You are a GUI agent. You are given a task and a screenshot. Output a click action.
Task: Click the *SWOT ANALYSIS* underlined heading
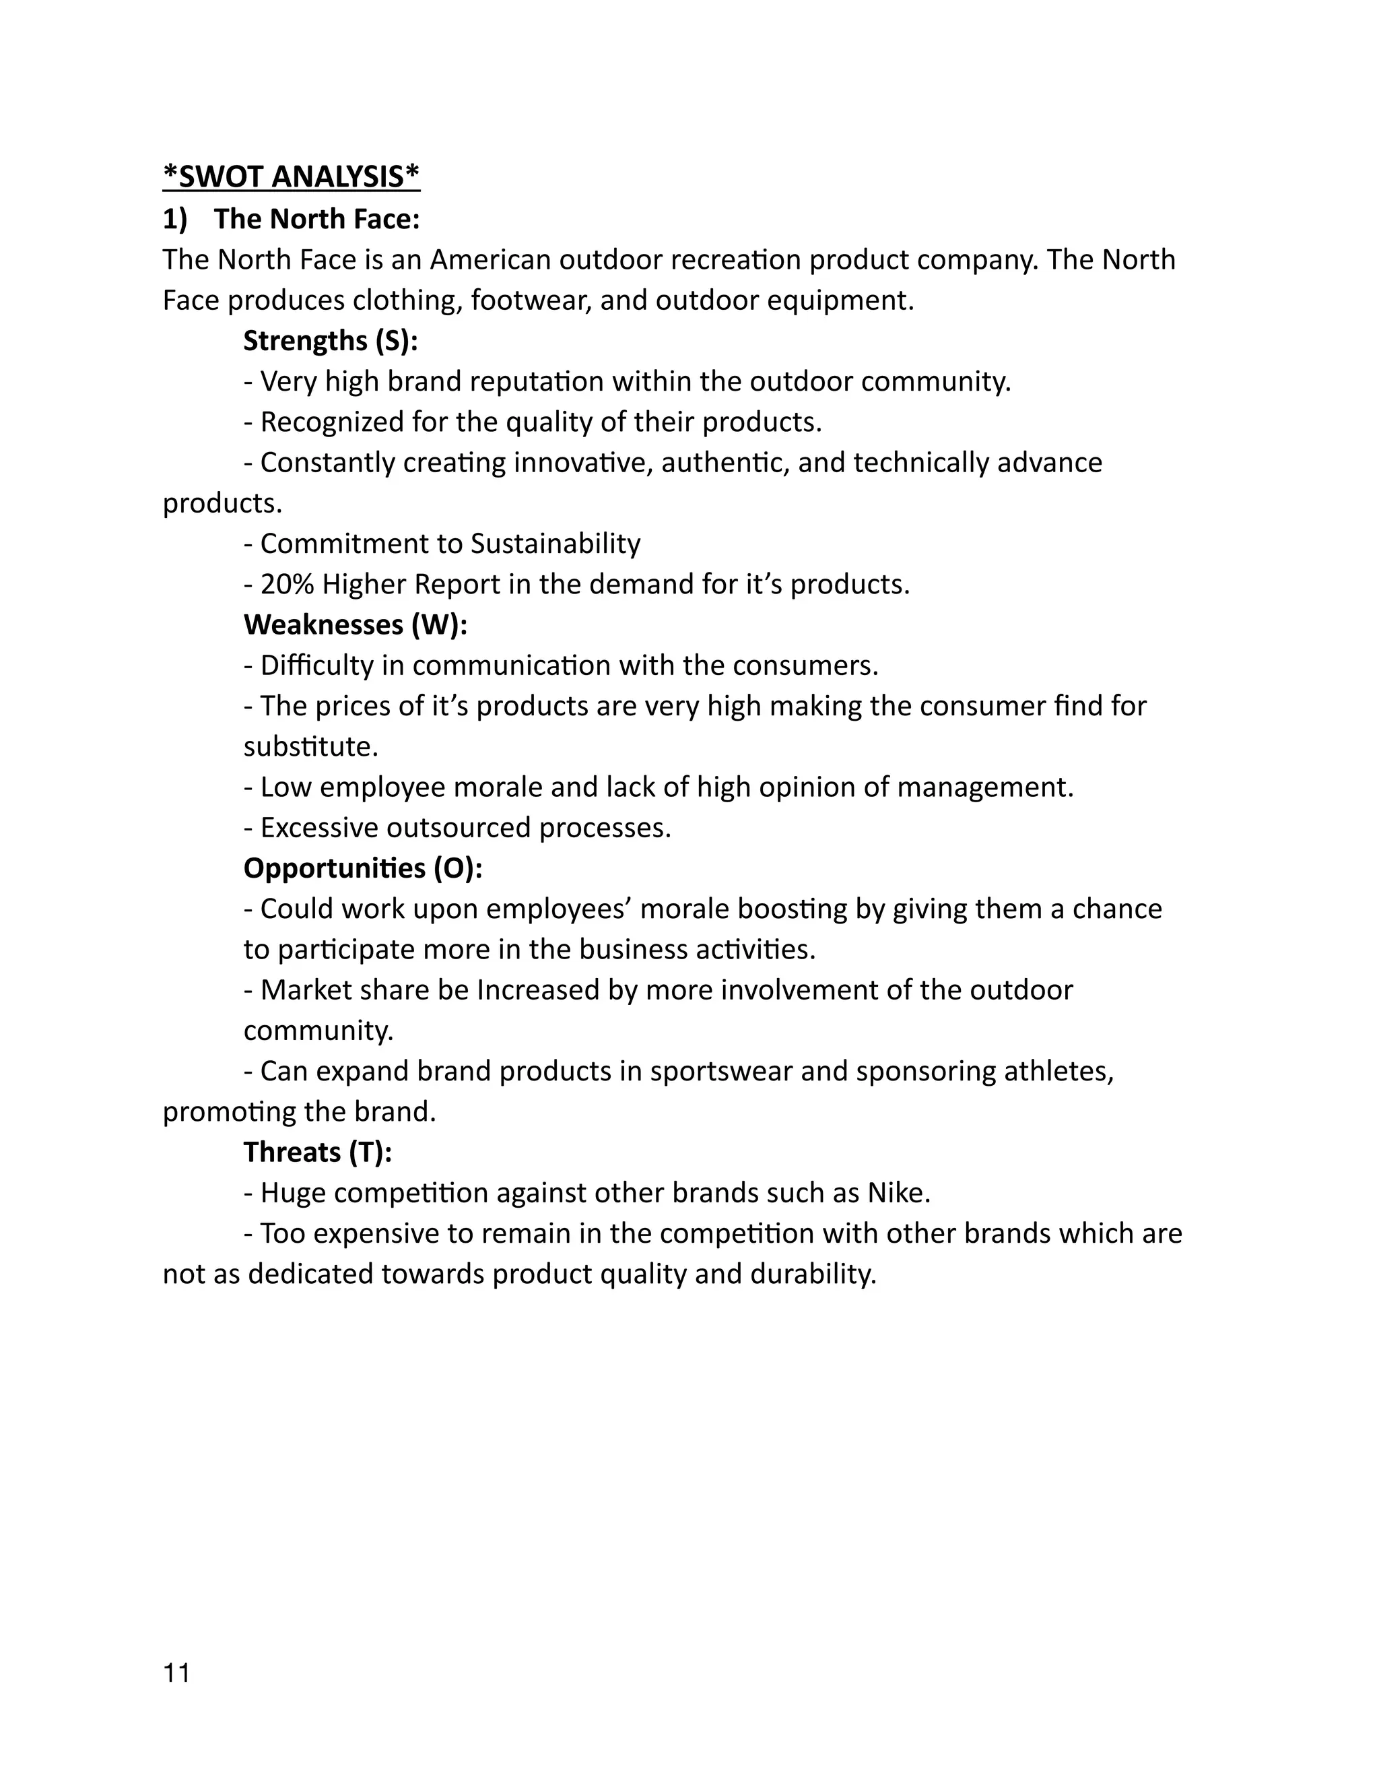(291, 176)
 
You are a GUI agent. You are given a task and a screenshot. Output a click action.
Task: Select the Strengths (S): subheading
(330, 341)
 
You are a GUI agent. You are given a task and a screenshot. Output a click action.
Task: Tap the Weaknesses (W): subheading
(356, 624)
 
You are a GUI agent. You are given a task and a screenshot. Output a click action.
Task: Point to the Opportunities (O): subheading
(363, 868)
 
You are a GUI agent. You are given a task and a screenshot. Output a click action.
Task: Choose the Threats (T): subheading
(318, 1153)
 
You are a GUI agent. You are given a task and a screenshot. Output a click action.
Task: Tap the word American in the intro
(490, 260)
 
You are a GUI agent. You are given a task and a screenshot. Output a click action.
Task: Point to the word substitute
(310, 747)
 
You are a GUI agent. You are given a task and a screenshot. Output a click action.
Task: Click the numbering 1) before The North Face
(175, 219)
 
